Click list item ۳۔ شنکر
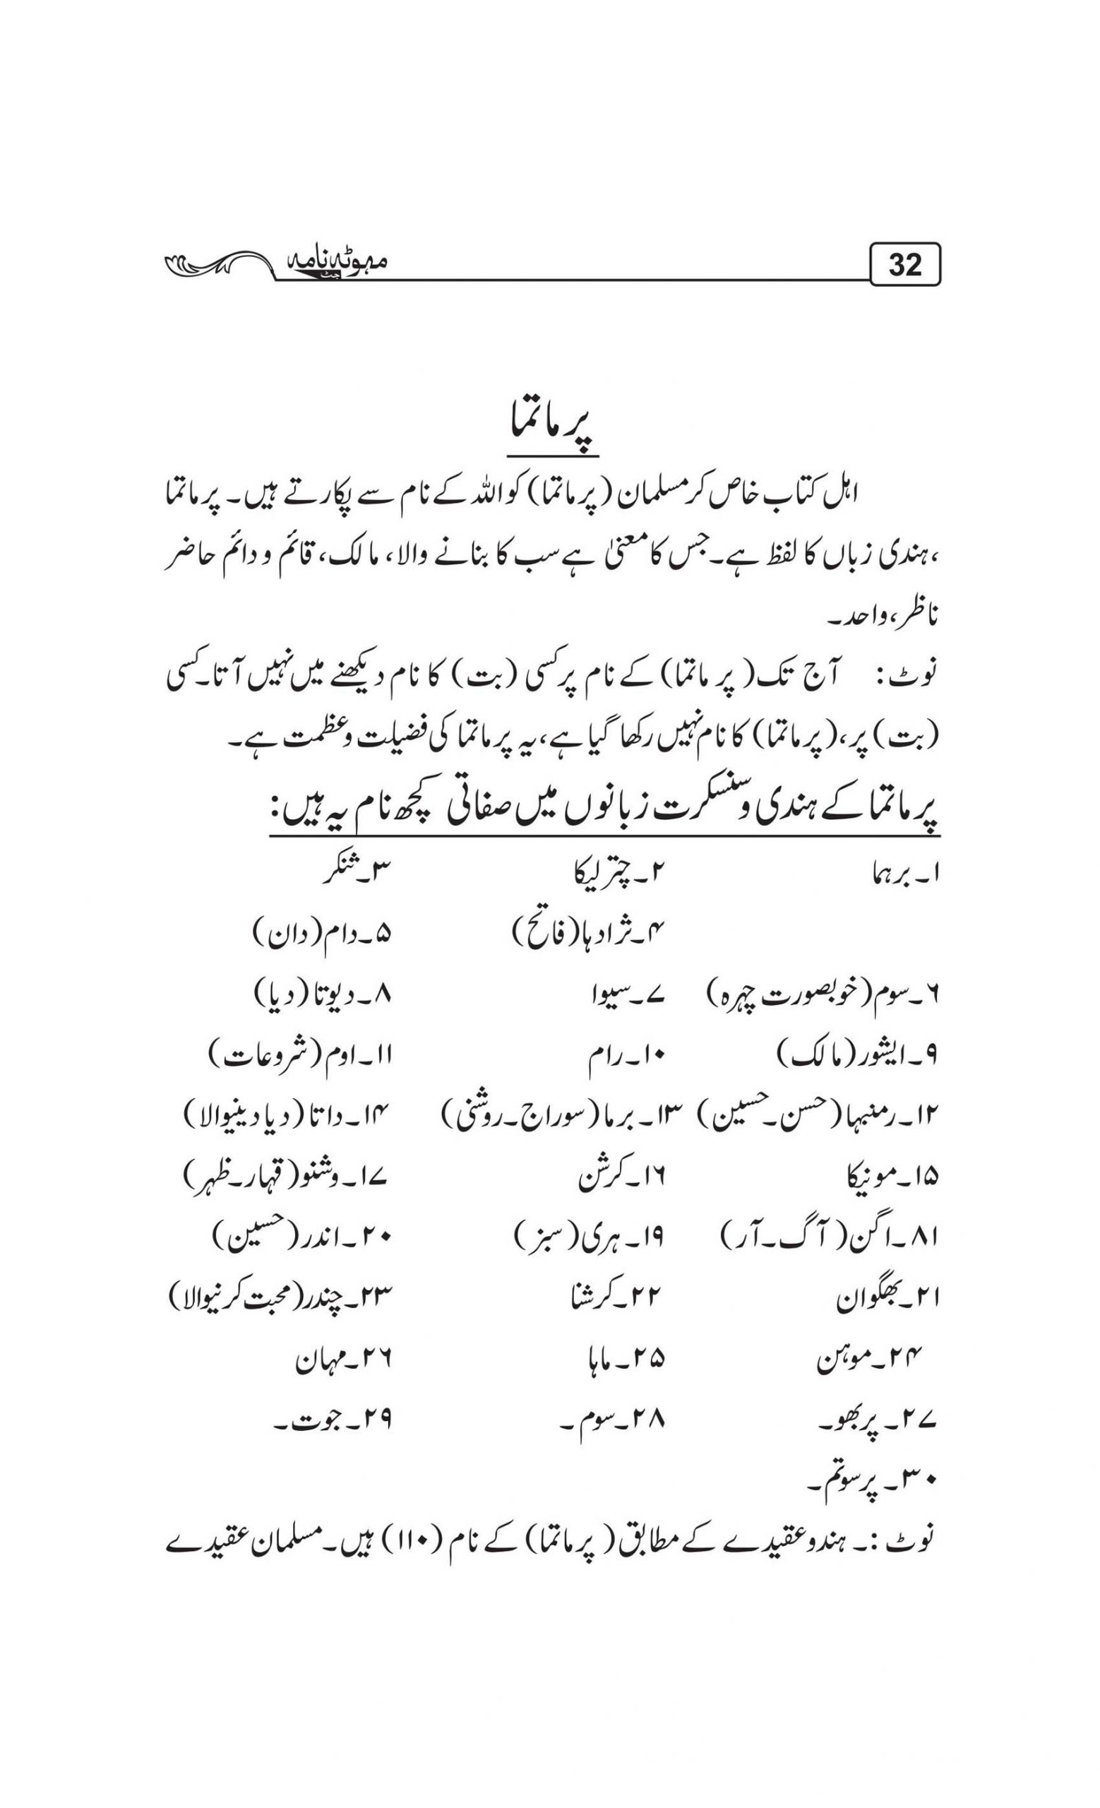pos(355,873)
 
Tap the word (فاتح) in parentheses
pos(542,935)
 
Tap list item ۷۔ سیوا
pos(626,996)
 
